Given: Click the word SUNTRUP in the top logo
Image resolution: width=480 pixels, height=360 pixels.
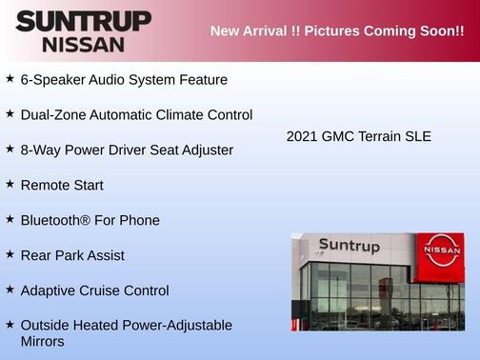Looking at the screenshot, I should (83, 21).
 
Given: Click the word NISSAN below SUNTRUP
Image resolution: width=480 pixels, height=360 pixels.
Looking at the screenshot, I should (82, 44).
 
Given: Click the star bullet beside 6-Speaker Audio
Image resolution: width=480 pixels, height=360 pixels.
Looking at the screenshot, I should (10, 78).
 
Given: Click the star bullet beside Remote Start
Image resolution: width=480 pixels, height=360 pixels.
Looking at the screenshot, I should (10, 184).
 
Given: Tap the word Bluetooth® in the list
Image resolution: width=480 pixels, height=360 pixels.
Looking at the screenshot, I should (54, 220).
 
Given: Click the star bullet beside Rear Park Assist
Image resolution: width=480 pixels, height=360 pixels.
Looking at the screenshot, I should (10, 254).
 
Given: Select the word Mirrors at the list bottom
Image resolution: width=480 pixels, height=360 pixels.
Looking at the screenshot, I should (43, 341).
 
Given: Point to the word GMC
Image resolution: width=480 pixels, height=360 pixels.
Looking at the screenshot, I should (340, 137).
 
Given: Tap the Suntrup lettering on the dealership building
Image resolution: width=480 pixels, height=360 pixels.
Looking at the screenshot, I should (349, 247).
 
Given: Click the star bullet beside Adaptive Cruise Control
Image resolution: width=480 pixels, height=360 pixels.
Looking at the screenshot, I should (10, 290).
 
